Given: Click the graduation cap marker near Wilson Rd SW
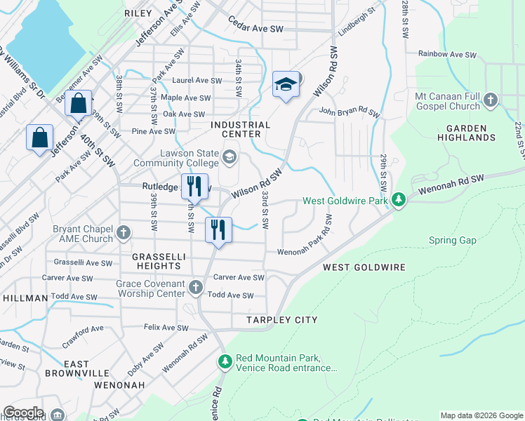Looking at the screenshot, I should pyautogui.click(x=286, y=85).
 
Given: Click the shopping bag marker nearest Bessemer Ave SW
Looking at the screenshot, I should pyautogui.click(x=79, y=103).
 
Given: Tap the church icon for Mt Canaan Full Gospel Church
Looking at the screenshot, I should pyautogui.click(x=491, y=100).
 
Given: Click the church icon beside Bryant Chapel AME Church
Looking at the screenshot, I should pyautogui.click(x=124, y=232).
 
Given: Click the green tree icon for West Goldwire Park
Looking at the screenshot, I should pyautogui.click(x=399, y=201).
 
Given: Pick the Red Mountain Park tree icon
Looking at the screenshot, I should pyautogui.click(x=225, y=362).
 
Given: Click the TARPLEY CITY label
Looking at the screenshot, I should pyautogui.click(x=281, y=320).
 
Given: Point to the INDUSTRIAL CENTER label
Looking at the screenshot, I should pyautogui.click(x=241, y=129).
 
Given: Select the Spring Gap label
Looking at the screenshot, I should pyautogui.click(x=453, y=241).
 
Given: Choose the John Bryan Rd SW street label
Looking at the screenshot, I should pyautogui.click(x=349, y=112).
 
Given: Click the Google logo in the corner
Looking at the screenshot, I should pyautogui.click(x=23, y=413).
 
